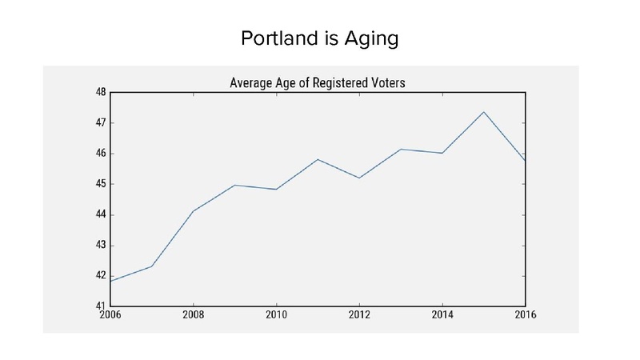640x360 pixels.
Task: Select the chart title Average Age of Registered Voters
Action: click(x=318, y=82)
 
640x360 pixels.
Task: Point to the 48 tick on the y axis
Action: click(x=101, y=93)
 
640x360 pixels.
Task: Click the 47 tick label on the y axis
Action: click(x=101, y=123)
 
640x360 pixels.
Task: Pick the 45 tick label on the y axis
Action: click(x=101, y=184)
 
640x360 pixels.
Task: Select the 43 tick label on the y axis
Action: click(x=101, y=246)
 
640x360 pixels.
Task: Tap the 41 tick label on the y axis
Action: click(x=101, y=306)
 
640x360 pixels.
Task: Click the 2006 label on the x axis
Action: click(x=110, y=316)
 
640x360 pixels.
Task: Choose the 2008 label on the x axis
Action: click(x=194, y=316)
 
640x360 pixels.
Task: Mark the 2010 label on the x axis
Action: click(x=277, y=316)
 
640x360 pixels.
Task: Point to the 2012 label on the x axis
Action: click(x=359, y=316)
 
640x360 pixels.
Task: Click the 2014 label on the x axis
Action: click(x=442, y=316)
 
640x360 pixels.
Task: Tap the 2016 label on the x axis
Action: click(x=524, y=316)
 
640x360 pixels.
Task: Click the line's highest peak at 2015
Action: click(x=484, y=112)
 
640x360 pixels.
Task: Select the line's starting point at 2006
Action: click(x=110, y=281)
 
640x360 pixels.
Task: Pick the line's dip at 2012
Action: click(x=359, y=178)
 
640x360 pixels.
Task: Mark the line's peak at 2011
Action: click(x=318, y=159)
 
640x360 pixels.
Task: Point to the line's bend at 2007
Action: click(x=152, y=266)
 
